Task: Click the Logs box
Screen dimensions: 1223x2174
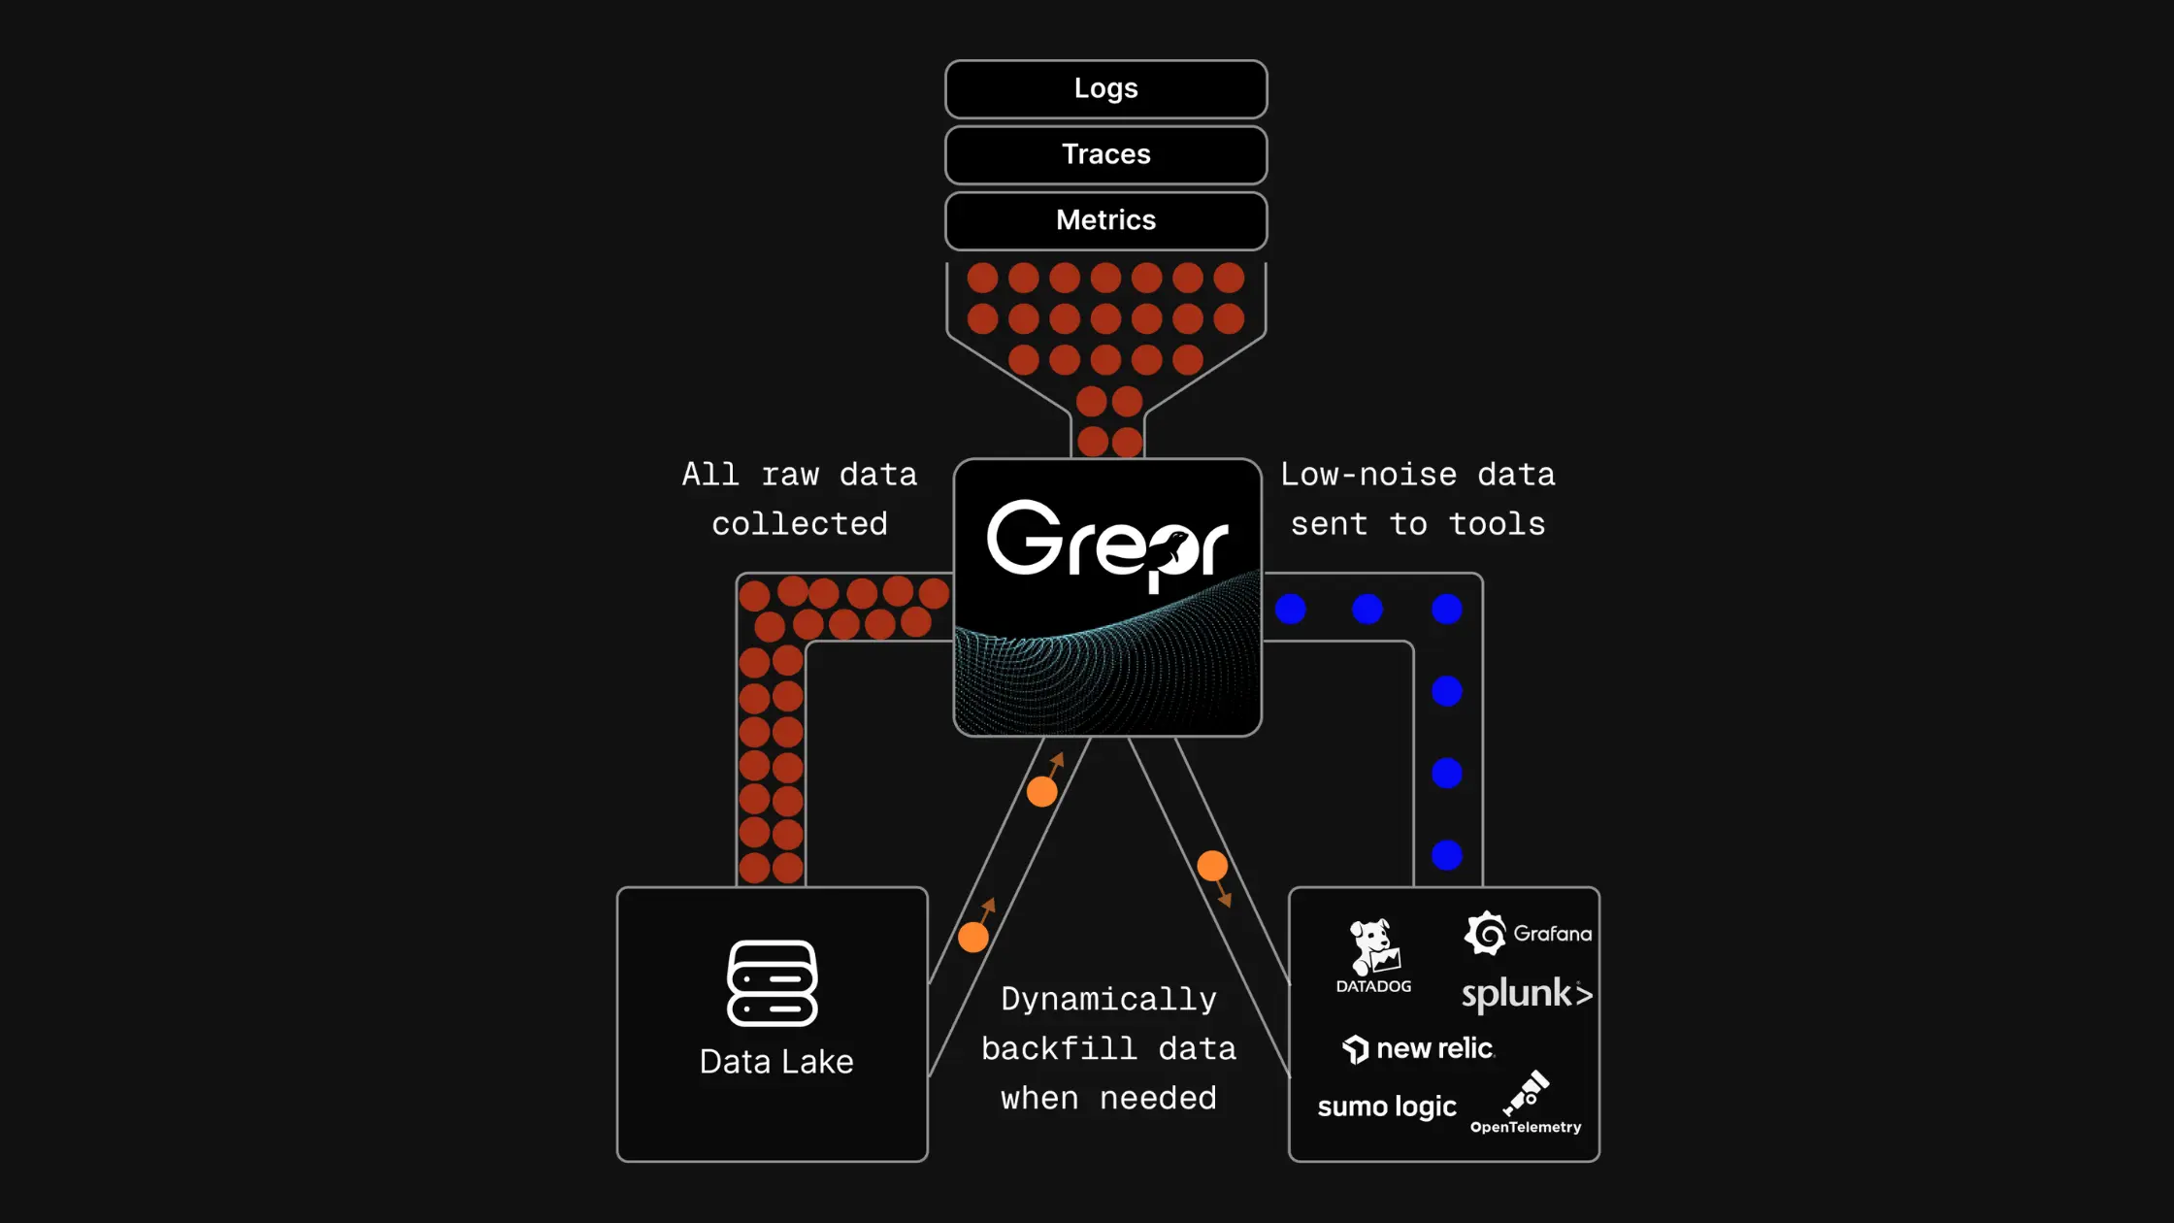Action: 1105,89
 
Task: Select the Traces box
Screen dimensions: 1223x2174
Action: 1105,155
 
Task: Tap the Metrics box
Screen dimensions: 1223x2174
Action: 1105,220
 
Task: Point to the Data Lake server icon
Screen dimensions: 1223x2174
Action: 773,983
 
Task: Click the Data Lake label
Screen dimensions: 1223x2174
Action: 776,1062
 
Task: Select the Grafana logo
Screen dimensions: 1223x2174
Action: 1528,934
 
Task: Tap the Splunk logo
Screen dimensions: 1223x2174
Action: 1527,994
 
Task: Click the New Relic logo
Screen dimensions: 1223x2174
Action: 1419,1049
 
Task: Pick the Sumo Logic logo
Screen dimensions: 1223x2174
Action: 1387,1107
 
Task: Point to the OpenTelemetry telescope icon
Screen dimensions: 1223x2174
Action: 1527,1094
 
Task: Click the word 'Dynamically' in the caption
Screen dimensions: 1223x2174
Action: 1108,1000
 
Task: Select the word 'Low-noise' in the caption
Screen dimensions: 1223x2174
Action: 1368,475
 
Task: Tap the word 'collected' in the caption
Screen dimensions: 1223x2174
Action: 800,524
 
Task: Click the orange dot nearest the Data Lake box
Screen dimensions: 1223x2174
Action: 973,938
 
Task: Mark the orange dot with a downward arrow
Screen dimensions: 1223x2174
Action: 1212,866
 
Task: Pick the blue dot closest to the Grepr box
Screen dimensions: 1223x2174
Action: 1291,610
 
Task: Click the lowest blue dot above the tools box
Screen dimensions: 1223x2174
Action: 1447,855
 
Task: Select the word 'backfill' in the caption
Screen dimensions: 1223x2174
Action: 1059,1049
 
